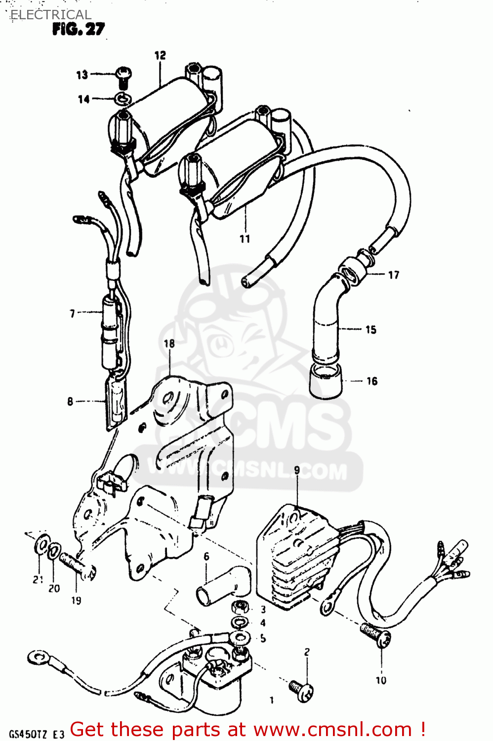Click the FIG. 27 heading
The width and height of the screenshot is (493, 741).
79,30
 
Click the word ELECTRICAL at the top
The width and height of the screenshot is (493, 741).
51,15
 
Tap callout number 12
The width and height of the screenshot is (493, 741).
160,55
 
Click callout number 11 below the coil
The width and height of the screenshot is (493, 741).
245,239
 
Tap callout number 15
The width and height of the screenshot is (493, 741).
371,329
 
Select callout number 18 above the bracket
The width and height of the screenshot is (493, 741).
169,343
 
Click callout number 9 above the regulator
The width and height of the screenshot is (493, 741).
297,470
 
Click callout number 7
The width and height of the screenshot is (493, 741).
73,313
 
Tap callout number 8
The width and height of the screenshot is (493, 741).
70,402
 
